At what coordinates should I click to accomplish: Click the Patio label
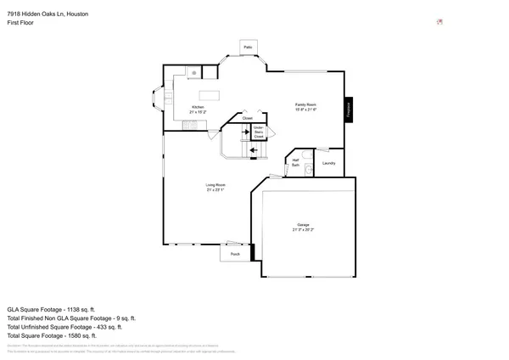(x=248, y=47)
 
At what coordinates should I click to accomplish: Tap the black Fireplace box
(x=347, y=110)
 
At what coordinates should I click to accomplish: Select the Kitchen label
(x=197, y=107)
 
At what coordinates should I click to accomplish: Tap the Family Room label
(x=305, y=104)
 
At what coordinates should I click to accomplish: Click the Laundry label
(x=329, y=163)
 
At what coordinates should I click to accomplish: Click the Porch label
(x=235, y=253)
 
